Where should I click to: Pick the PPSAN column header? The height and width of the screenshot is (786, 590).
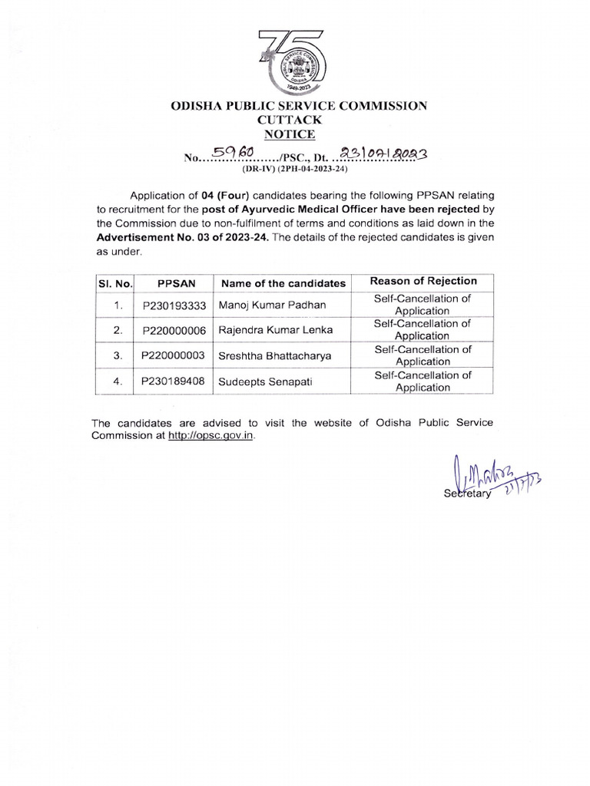point(174,282)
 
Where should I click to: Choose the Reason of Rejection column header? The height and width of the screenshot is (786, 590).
point(423,281)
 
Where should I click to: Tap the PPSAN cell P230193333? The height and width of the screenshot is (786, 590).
point(174,305)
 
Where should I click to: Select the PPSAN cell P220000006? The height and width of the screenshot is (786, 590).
point(174,331)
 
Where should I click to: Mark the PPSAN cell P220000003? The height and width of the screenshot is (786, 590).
point(174,355)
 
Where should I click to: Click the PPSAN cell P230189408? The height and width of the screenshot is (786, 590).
point(174,381)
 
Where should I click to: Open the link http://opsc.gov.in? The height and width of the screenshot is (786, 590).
point(210,435)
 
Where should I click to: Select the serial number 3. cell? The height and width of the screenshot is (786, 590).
point(118,355)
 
